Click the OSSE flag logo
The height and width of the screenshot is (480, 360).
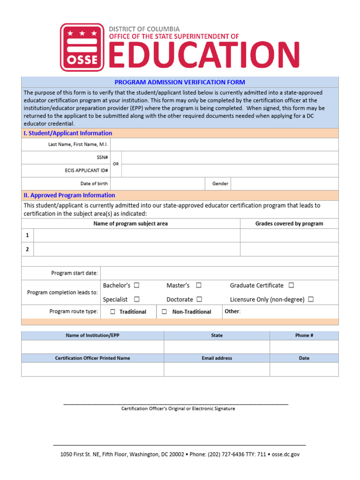tap(82, 47)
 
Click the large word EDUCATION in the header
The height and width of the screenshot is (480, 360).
tap(204, 55)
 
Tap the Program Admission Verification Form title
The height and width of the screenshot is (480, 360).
tap(180, 82)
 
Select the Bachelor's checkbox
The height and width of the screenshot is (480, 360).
tap(136, 285)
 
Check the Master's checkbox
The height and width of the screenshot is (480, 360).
tap(199, 285)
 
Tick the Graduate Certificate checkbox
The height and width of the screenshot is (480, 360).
tap(291, 285)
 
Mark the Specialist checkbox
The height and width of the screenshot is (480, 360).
tap(136, 299)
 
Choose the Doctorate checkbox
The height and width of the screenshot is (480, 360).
tap(199, 299)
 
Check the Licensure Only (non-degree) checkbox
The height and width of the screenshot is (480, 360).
tap(311, 299)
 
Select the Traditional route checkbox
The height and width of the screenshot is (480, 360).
tap(113, 312)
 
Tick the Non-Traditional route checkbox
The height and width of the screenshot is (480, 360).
tap(165, 312)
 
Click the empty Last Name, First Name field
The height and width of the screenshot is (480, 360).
tap(224, 144)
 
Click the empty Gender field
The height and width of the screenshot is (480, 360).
tap(284, 184)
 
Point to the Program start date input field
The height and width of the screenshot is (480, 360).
tap(219, 273)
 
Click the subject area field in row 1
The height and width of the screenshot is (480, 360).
tap(137, 235)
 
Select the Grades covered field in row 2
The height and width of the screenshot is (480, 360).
tap(289, 249)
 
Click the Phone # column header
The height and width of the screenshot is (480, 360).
tap(304, 336)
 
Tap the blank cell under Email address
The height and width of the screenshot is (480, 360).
tap(217, 369)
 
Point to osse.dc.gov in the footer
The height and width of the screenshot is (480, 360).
tap(285, 454)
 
